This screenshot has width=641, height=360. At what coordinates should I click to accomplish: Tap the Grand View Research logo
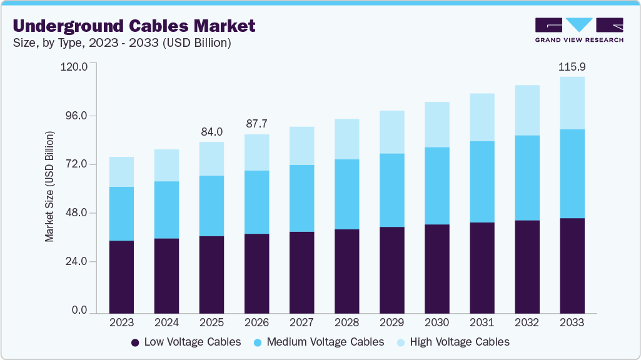pyautogui.click(x=578, y=30)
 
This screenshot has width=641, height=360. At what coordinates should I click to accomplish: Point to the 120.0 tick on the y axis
pyautogui.click(x=74, y=67)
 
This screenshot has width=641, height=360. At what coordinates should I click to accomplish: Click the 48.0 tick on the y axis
pyautogui.click(x=76, y=213)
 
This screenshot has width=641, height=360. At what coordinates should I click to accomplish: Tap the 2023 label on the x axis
pyautogui.click(x=121, y=322)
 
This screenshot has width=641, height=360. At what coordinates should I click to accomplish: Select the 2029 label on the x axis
pyautogui.click(x=391, y=322)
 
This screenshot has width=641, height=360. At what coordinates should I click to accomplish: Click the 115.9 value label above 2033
pyautogui.click(x=572, y=66)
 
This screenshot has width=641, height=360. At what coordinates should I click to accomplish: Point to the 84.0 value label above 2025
pyautogui.click(x=211, y=132)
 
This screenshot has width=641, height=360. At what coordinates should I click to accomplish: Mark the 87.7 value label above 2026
pyautogui.click(x=256, y=124)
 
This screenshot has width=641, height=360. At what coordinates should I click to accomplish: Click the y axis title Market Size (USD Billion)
pyautogui.click(x=49, y=187)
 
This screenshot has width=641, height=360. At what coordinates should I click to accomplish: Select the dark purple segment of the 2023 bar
pyautogui.click(x=121, y=276)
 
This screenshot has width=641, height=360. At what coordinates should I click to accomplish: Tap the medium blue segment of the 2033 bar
pyautogui.click(x=572, y=174)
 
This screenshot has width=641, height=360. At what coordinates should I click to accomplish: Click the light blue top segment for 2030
pyautogui.click(x=437, y=124)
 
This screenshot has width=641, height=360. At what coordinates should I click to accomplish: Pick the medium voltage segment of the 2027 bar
pyautogui.click(x=301, y=198)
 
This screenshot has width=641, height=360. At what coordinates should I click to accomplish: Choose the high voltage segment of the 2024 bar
pyautogui.click(x=166, y=165)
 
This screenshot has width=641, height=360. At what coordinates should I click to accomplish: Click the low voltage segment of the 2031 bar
pyautogui.click(x=482, y=267)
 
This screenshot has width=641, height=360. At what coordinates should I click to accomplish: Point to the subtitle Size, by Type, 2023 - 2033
pyautogui.click(x=122, y=43)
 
